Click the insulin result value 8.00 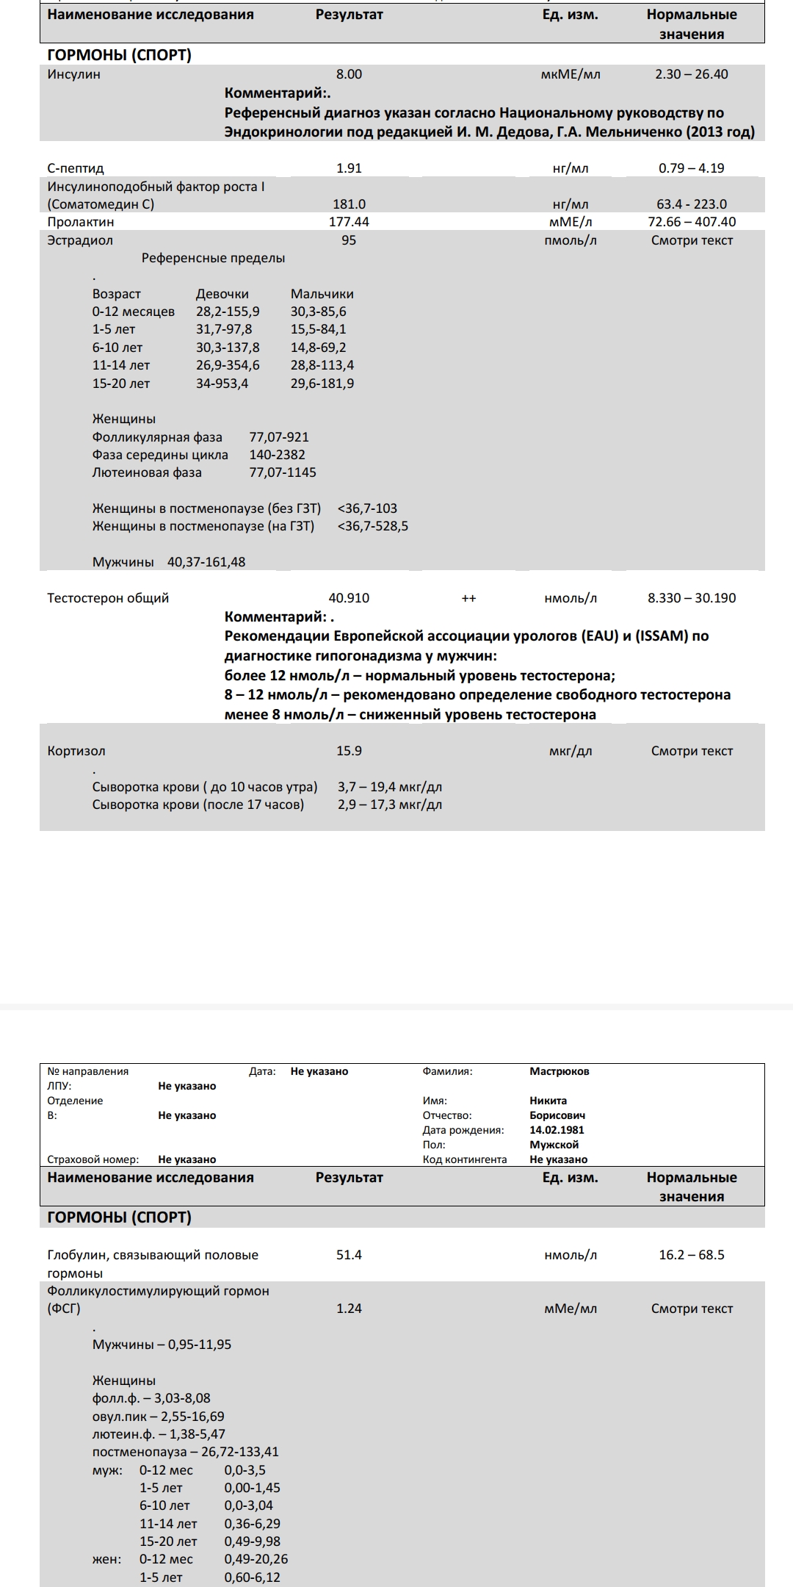tap(349, 74)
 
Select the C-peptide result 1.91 tap(349, 168)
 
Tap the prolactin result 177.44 tap(349, 222)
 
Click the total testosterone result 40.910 tap(349, 598)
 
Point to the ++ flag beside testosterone tap(468, 599)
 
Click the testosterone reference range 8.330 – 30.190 tap(691, 598)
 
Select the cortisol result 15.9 tap(349, 751)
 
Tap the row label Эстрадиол tap(80, 240)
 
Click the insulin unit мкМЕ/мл tap(570, 74)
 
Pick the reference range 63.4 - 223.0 tap(691, 204)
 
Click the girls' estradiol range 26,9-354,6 tap(228, 365)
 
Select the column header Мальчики tap(322, 294)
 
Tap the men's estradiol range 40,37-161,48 tap(206, 562)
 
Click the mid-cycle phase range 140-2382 tap(277, 455)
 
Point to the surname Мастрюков tap(559, 1071)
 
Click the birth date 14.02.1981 tap(557, 1130)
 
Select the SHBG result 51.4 tap(349, 1255)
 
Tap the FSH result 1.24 tap(349, 1309)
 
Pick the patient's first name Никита tap(548, 1101)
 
